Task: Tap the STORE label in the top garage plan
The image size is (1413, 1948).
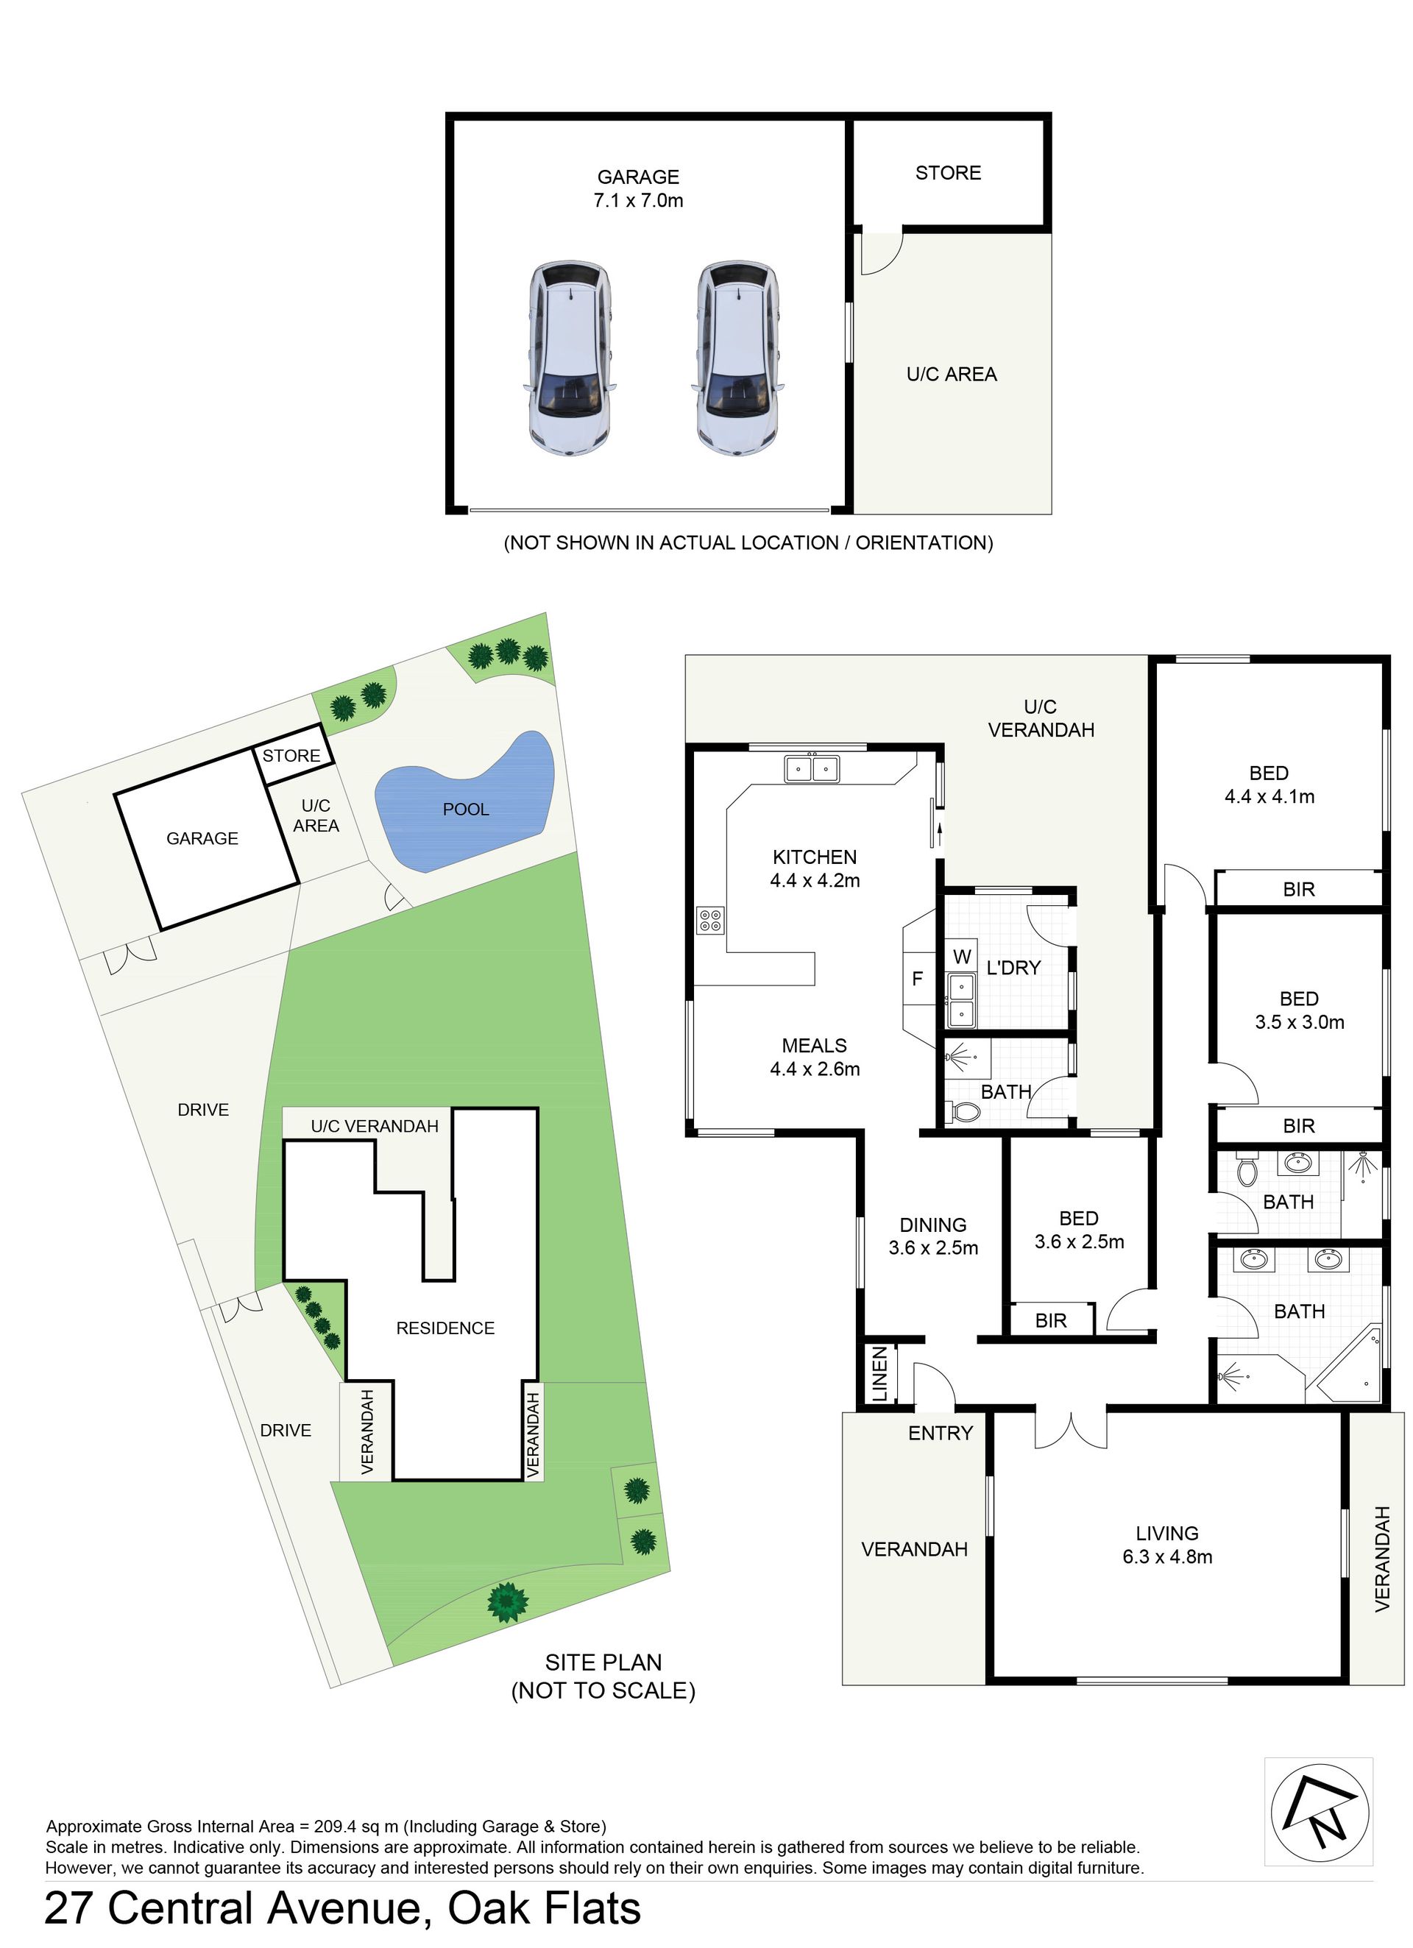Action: coord(947,173)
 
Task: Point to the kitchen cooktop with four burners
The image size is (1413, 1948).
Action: coord(710,920)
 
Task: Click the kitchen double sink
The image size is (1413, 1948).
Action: coord(812,767)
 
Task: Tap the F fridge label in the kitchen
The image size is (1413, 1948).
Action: coord(916,977)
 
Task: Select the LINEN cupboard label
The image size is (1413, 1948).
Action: coord(879,1374)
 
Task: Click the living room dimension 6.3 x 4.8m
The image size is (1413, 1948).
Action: coord(1166,1556)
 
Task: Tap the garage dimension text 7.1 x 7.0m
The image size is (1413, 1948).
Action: coord(637,200)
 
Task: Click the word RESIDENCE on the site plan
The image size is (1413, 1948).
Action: coord(445,1328)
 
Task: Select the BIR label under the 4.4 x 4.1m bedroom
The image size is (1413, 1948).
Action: coord(1298,889)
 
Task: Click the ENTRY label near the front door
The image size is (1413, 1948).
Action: coord(941,1433)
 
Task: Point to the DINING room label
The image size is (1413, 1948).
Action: coord(933,1225)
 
